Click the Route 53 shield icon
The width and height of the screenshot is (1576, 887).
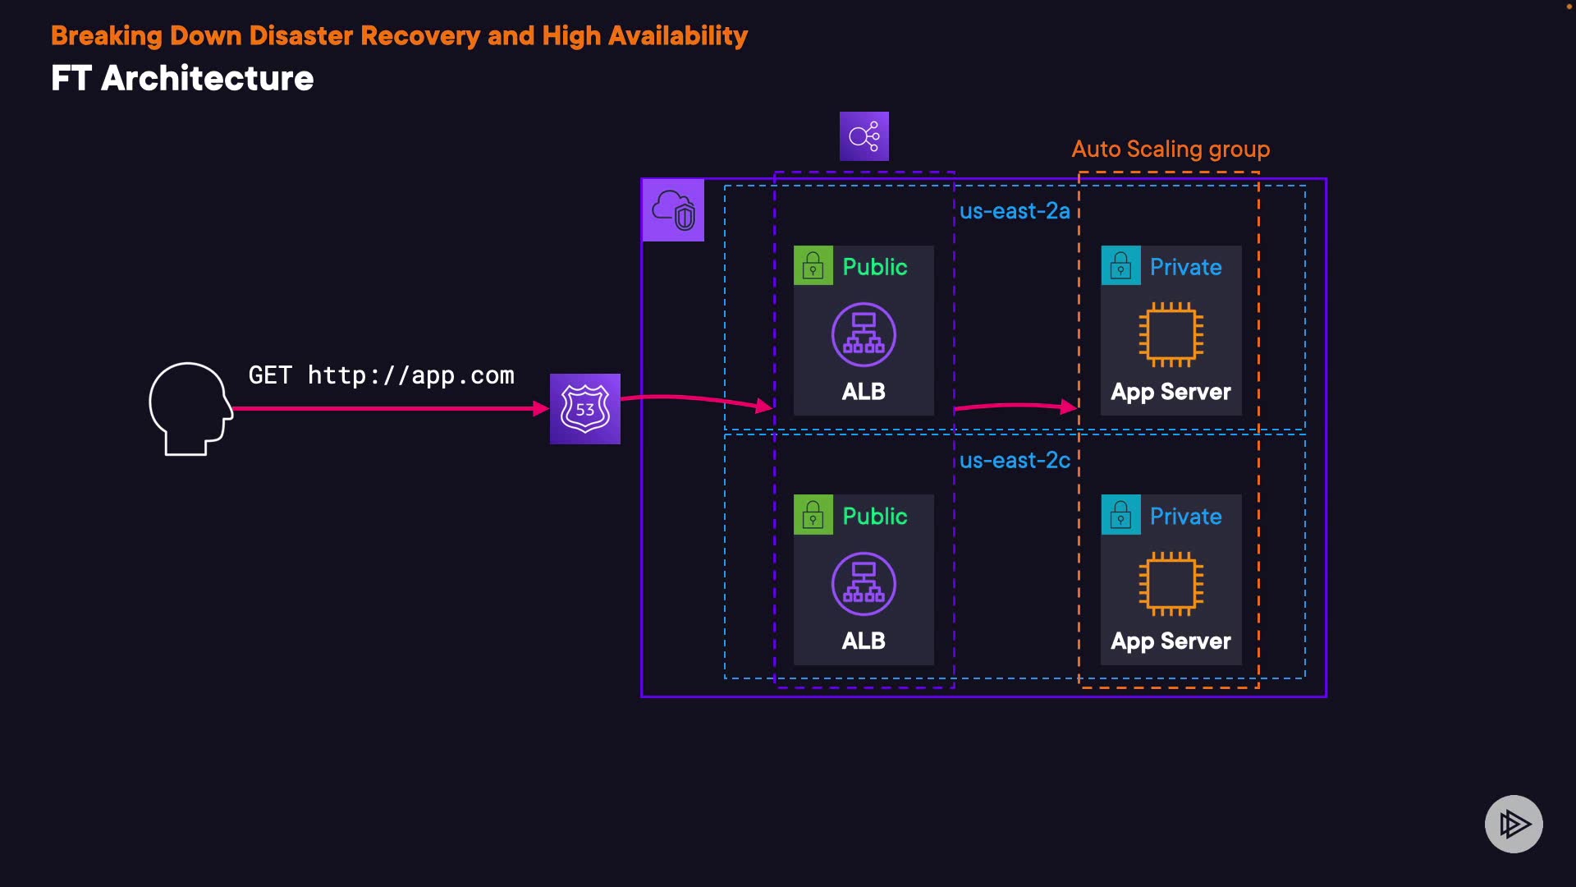click(x=584, y=409)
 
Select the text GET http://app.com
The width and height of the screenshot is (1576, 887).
click(x=381, y=375)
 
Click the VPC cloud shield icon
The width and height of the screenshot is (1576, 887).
click(x=673, y=210)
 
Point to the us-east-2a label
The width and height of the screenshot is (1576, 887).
click(x=1015, y=211)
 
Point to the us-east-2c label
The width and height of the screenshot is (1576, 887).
click(x=1015, y=461)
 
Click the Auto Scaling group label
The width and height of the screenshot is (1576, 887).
click(x=1171, y=149)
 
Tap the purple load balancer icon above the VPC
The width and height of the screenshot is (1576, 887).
click(x=864, y=136)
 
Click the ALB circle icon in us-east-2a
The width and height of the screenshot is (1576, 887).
click(x=864, y=334)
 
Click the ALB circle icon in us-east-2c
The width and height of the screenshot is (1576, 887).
click(x=864, y=584)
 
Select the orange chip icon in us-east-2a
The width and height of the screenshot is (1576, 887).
click(x=1171, y=334)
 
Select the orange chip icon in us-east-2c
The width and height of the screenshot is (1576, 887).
click(x=1171, y=584)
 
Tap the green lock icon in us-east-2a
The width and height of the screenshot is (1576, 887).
click(x=813, y=266)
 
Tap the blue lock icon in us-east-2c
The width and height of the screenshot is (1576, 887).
click(x=1120, y=515)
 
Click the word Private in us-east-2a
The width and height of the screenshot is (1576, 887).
click(x=1185, y=267)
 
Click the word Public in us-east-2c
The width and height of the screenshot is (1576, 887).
click(x=875, y=516)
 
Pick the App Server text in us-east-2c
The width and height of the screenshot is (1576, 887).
click(x=1171, y=641)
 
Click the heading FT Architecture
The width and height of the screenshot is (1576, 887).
click(x=182, y=79)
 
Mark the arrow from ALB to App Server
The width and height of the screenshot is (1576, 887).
click(x=1016, y=406)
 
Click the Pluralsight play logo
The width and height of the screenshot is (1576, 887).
click(x=1514, y=824)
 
